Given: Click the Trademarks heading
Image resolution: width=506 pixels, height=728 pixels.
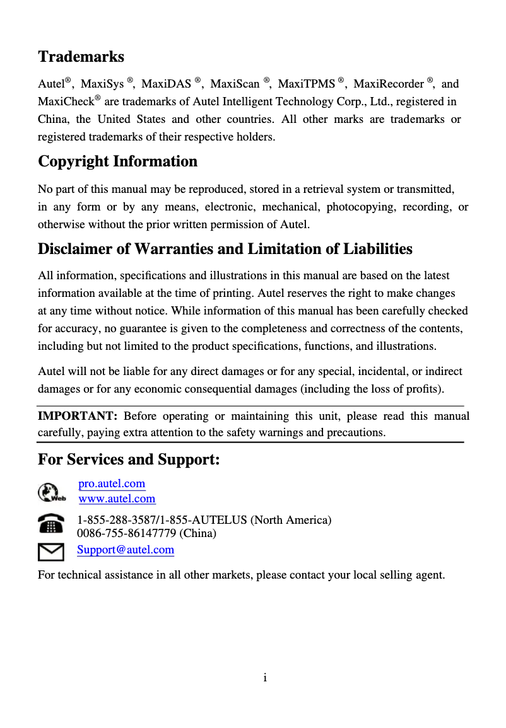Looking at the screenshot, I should point(81,57).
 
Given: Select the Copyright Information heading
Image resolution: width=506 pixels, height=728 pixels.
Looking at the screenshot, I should point(117,161).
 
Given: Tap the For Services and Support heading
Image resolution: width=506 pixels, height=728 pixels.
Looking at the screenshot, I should point(129,459).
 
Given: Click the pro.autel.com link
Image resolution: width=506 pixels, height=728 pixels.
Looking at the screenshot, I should point(112,483).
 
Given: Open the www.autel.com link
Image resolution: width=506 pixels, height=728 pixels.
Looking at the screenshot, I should point(117,499).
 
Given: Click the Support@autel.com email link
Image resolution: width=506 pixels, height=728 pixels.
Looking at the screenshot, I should point(126,550).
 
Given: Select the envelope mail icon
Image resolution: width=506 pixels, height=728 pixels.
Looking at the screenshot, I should point(51,552).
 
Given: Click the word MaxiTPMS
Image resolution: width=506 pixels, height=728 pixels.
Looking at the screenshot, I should point(307,84).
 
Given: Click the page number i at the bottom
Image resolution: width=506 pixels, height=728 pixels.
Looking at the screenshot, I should point(266,678).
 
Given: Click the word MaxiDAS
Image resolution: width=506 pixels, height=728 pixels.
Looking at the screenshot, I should point(166,84).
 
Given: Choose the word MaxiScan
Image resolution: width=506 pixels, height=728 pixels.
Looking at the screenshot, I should point(235,84).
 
